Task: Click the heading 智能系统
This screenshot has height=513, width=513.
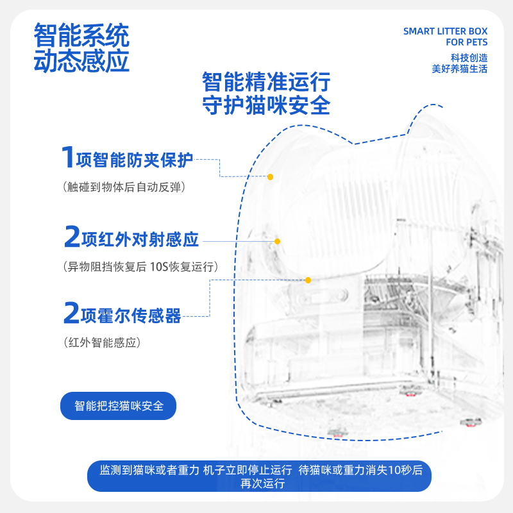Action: [x=81, y=33]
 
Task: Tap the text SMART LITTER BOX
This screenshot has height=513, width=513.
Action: [x=445, y=31]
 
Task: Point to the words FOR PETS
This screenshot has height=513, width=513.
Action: [x=466, y=42]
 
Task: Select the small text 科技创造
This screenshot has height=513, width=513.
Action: [x=469, y=57]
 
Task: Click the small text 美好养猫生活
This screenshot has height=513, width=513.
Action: [x=460, y=69]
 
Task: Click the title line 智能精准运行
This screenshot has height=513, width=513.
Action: [x=266, y=82]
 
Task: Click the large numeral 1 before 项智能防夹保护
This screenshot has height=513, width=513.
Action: [x=67, y=158]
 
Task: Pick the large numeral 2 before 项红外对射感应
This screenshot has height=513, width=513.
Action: [x=72, y=239]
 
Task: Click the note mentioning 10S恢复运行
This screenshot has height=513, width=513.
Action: [x=140, y=267]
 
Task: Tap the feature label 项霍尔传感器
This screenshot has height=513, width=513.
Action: [x=131, y=315]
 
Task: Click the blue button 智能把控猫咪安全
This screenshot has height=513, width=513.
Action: [x=119, y=406]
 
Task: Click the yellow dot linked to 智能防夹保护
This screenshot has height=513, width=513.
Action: [x=271, y=176]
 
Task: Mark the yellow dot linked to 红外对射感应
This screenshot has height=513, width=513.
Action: [x=278, y=241]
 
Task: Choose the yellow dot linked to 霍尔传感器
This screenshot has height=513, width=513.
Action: [x=308, y=280]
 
